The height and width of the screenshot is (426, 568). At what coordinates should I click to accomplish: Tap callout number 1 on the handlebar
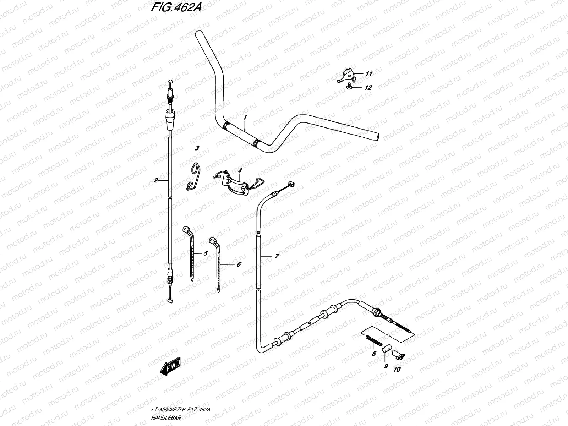[x=244, y=117]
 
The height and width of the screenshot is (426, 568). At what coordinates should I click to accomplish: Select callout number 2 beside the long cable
[x=155, y=180]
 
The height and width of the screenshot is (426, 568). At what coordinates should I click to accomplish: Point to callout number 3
[x=197, y=148]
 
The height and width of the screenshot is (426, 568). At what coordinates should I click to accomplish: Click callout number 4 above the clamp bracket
[x=240, y=171]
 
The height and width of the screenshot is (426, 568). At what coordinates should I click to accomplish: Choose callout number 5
[x=206, y=253]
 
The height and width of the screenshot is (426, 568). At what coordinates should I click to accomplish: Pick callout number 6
[x=239, y=264]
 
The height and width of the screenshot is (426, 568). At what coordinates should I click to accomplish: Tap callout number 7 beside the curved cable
[x=277, y=256]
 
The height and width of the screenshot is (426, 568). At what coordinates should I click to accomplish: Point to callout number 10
[x=397, y=370]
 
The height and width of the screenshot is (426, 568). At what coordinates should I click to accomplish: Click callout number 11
[x=369, y=74]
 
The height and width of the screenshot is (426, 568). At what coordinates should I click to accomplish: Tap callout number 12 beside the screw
[x=368, y=87]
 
